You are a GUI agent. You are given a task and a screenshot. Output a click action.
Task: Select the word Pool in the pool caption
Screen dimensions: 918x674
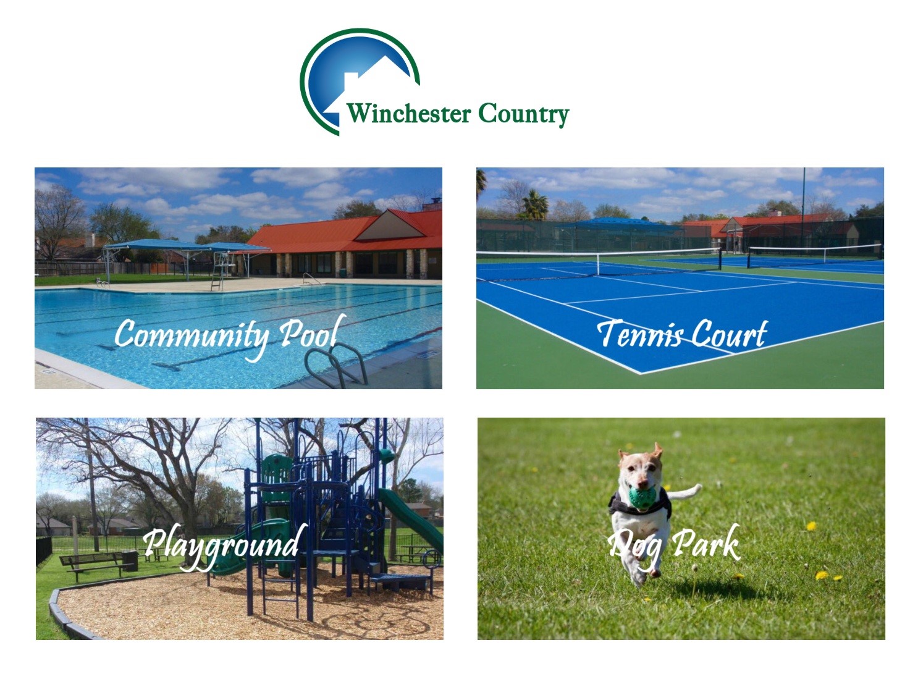313,332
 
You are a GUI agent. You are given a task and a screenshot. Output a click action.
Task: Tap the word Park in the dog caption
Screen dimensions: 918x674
705,544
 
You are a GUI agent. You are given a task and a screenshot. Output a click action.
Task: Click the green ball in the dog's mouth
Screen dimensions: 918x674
642,497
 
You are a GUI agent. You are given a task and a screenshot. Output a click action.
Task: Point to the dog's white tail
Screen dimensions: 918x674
684,492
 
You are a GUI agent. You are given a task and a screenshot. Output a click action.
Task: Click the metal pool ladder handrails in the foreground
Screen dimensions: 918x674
336,364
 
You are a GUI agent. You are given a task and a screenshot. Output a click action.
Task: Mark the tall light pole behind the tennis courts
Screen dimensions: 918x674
803,209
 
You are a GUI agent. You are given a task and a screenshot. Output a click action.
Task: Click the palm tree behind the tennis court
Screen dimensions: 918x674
535,205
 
